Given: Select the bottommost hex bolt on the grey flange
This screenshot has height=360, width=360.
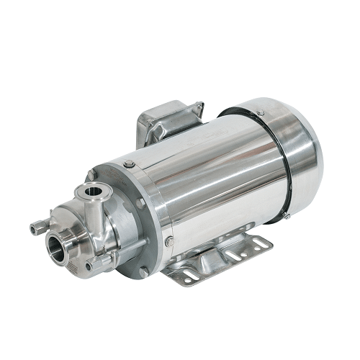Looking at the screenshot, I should point(143,271).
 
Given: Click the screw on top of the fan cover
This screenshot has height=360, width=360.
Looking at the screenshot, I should point(260,112).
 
